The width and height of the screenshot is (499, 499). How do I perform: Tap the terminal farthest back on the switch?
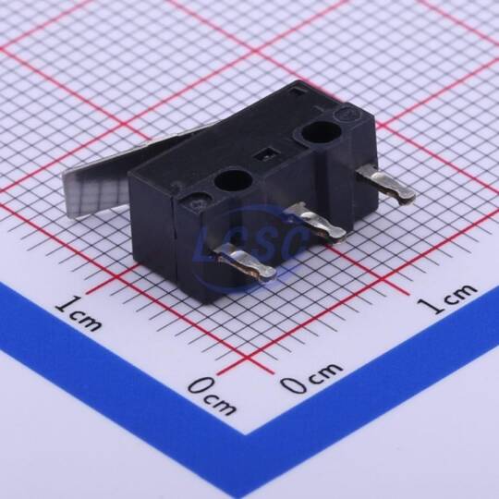pyautogui.click(x=386, y=186)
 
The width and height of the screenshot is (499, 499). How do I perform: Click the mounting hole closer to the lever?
pyautogui.click(x=233, y=180)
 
